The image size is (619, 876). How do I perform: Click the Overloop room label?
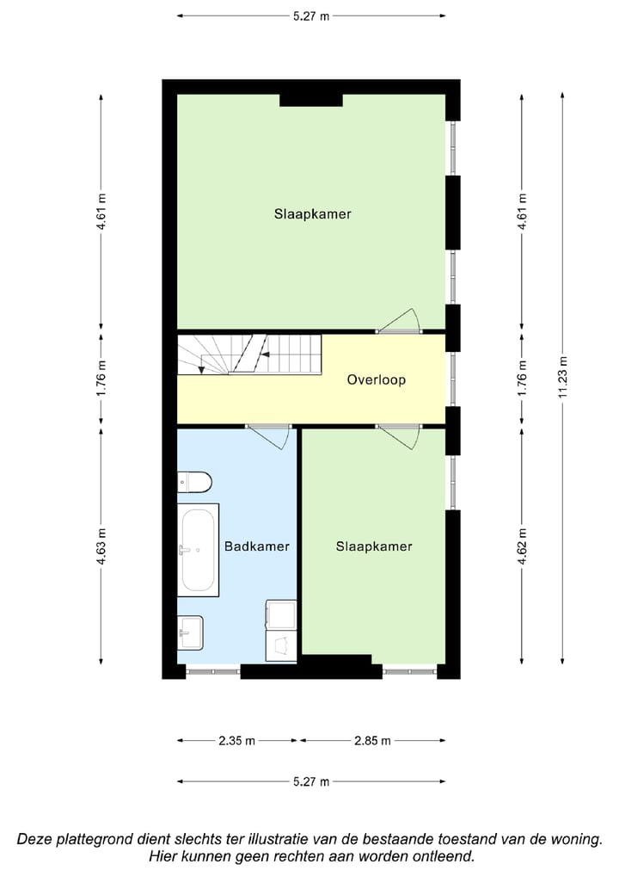click(376, 379)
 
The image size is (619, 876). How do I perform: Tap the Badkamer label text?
click(256, 546)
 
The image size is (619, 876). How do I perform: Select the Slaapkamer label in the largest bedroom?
click(313, 214)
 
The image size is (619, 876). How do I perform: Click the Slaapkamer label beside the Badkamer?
click(374, 546)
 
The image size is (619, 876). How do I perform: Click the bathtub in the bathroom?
click(198, 550)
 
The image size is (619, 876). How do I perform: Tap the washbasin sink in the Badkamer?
click(191, 632)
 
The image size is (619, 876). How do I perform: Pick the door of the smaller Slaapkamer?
click(399, 435)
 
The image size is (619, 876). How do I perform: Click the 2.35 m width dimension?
click(238, 741)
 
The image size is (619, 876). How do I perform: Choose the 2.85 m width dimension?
click(373, 741)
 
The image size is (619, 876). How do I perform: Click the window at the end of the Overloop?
click(452, 379)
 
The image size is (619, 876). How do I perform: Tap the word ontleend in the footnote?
click(443, 856)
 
